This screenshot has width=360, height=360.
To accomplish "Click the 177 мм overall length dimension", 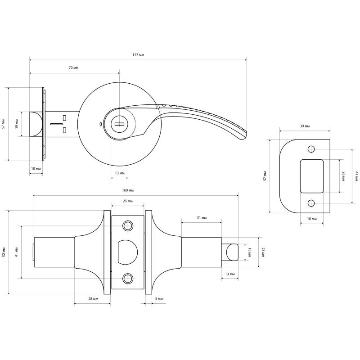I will [x=139, y=54].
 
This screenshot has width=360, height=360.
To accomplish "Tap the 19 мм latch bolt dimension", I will [x=17, y=124].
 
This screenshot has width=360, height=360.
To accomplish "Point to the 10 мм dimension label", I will [x=36, y=168].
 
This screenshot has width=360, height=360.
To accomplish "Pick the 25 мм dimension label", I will [x=128, y=201].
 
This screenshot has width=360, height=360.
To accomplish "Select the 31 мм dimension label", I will [x=201, y=218].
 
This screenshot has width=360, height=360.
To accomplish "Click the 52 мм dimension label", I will [x=4, y=252].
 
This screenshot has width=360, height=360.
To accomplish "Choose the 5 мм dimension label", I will [x=158, y=298].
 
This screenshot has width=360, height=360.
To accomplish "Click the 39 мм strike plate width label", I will [x=305, y=126].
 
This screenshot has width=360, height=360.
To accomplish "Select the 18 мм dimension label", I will [x=311, y=219].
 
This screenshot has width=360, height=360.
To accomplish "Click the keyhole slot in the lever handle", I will [x=119, y=123].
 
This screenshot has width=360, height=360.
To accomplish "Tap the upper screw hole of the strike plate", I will [x=311, y=149].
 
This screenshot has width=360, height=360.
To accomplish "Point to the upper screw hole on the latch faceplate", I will [x=128, y=226].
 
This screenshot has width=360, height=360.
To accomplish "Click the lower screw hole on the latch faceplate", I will [x=128, y=279].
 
